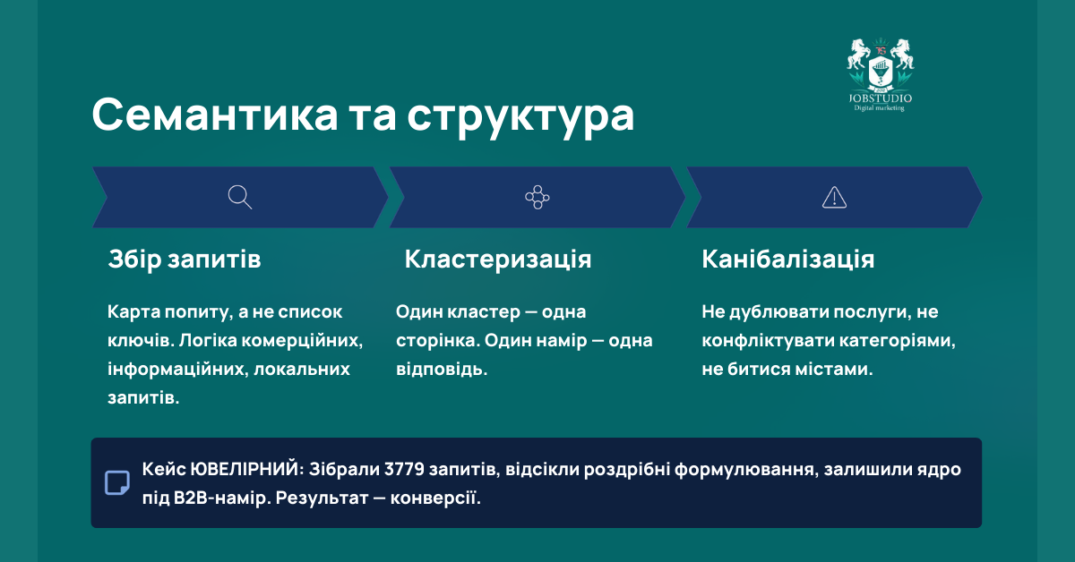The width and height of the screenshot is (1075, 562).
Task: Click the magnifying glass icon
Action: point(240,197)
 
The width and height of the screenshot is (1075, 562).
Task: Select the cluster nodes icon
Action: point(537,197)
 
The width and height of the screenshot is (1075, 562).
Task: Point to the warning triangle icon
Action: point(834,197)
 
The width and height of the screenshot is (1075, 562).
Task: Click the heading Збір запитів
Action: point(185,260)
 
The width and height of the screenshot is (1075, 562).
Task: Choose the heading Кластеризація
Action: point(498,260)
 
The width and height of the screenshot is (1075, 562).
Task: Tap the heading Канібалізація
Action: point(788,260)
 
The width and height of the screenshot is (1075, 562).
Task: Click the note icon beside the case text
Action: point(117,482)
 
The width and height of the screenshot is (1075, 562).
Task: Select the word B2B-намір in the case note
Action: point(220,497)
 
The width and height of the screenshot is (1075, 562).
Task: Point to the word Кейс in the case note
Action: point(162,470)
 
